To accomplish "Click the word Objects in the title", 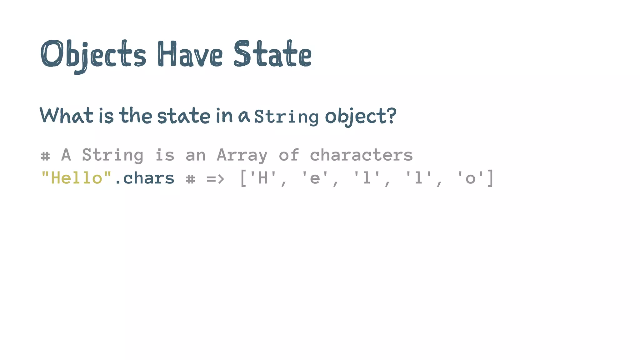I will [93, 55].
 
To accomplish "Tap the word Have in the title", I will [190, 54].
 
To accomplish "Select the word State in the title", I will [272, 54].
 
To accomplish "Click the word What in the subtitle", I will [67, 115].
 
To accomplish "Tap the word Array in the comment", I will [242, 155].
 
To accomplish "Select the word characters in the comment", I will [361, 155].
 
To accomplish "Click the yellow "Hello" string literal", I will [76, 178].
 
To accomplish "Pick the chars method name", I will [149, 178].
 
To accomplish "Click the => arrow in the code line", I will [215, 179].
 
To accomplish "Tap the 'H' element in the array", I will [263, 178].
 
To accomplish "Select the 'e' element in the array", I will [315, 178].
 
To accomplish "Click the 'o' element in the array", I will [470, 178].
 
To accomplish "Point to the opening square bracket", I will [243, 178].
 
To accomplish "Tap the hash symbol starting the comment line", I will [45, 156].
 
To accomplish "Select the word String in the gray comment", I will [112, 155].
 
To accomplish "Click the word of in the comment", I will [289, 155].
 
